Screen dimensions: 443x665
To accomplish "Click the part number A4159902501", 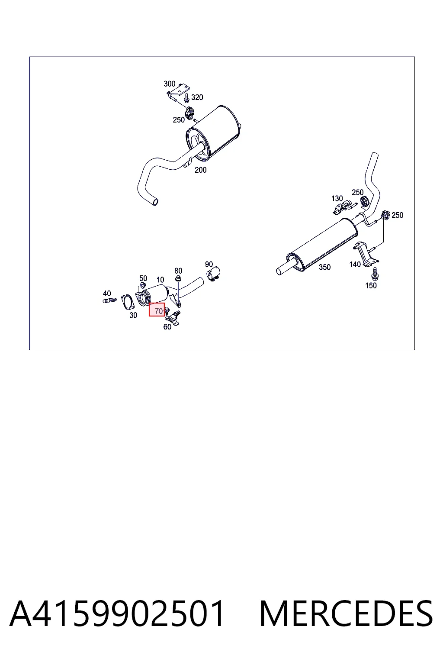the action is coord(117,613).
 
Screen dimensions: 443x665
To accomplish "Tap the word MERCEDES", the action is coord(346,613).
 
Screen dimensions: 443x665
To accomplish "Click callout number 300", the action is coord(170,84).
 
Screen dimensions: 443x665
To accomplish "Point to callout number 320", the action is coord(197,97).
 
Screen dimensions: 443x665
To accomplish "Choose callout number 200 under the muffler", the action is coord(200,170).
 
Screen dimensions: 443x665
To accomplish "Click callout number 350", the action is coord(324,267).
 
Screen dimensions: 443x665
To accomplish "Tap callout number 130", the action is coord(337,198).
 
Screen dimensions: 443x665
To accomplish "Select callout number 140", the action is coord(355,264).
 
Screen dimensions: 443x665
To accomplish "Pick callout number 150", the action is coord(371,285).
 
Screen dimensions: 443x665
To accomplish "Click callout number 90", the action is coord(209,264).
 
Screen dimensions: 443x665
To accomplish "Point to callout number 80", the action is coord(178,271).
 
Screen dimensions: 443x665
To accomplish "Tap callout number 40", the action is coord(107,293).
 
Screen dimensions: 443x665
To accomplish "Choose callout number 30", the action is coord(133,315).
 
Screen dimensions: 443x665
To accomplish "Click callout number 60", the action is coord(167,326).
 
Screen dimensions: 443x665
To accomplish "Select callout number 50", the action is coord(143,278).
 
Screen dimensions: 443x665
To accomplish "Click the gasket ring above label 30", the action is coord(123,302).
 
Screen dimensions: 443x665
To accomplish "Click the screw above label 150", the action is coord(375,274).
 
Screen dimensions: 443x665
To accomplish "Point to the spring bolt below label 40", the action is coord(109,300).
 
